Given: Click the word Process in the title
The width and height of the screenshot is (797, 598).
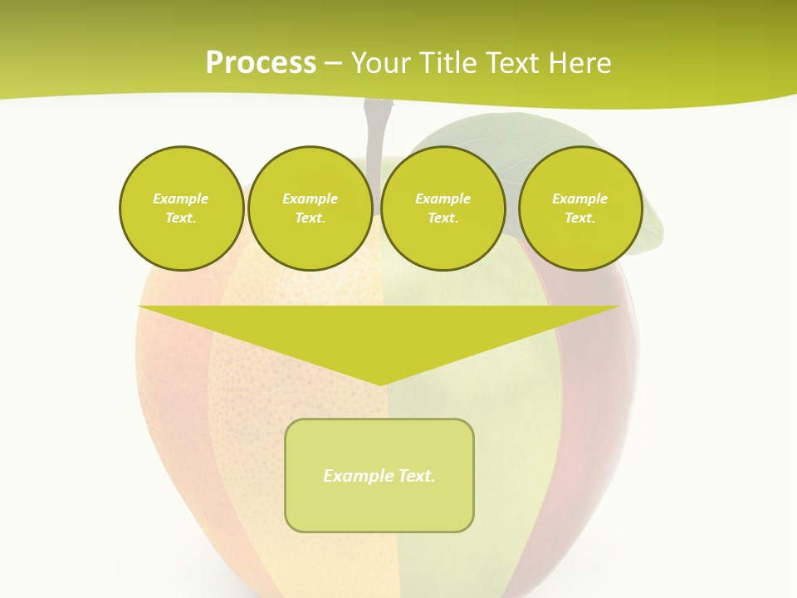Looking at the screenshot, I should [261, 63].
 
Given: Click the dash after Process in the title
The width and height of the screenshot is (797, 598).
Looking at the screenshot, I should [333, 64].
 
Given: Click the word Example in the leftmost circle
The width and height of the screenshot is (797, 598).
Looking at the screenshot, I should [180, 199].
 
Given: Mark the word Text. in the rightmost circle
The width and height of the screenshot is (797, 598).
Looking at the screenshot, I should [579, 218].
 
